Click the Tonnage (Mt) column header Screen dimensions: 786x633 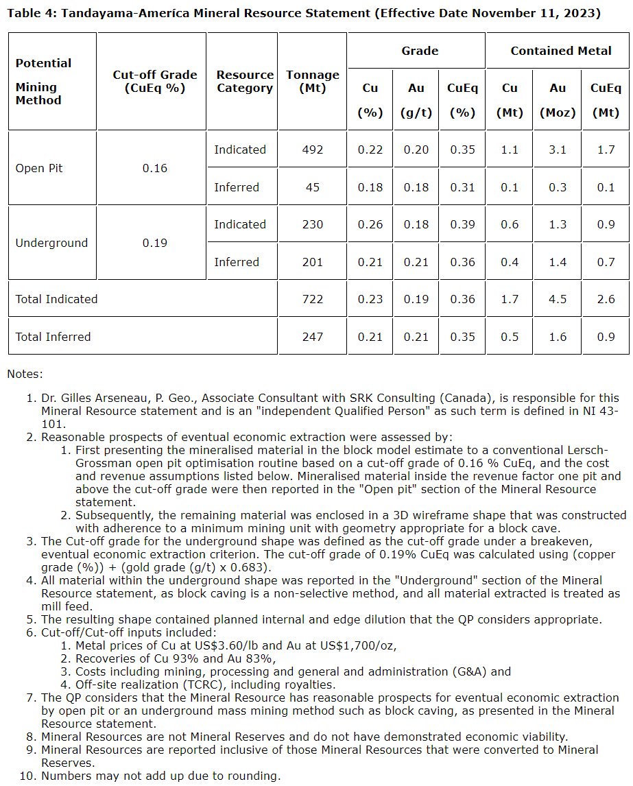(312, 82)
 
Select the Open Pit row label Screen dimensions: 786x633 (39, 169)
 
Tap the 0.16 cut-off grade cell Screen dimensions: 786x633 (154, 169)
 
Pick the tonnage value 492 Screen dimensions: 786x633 (312, 150)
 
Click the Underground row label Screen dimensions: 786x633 (51, 243)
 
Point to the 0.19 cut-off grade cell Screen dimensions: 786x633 (154, 243)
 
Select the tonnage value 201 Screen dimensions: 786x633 (312, 262)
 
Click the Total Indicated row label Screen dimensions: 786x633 (56, 299)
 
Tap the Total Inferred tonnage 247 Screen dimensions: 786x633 (312, 337)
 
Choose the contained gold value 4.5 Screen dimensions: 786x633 (558, 299)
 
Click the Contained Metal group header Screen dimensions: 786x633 (561, 51)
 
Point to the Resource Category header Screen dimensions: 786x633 (245, 82)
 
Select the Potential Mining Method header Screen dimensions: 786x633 (43, 82)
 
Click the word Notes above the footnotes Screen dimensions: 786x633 (25, 374)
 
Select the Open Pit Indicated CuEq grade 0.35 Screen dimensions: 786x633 (462, 150)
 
